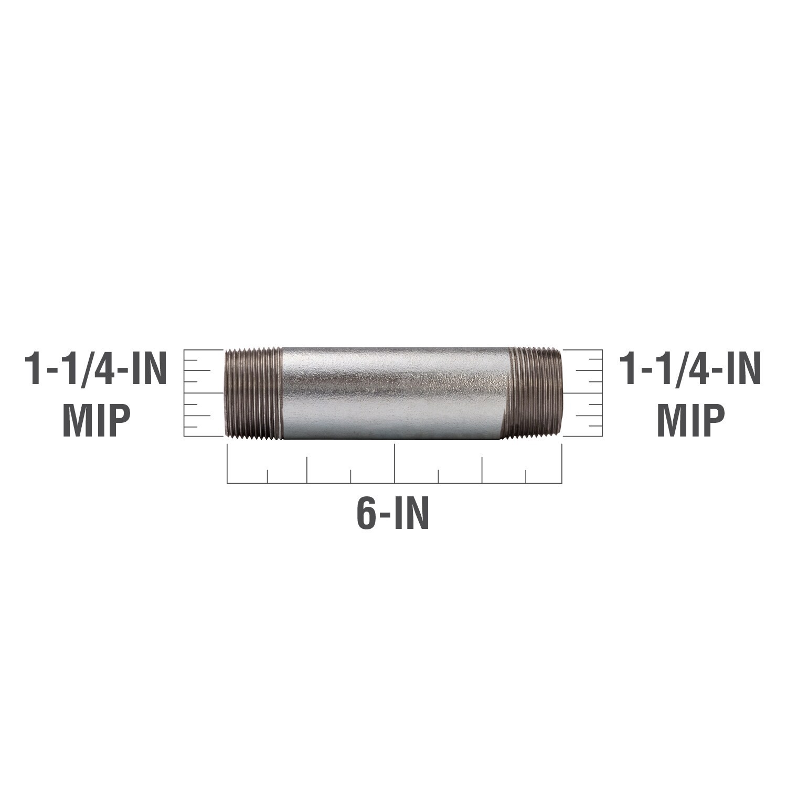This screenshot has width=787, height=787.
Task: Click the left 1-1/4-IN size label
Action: [x=96, y=369]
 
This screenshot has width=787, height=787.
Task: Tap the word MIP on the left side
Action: [x=97, y=421]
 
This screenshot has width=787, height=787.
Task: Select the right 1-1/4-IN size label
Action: [x=690, y=369]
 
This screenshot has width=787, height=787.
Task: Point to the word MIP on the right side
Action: [x=691, y=421]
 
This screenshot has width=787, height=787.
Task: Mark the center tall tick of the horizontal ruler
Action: [x=395, y=463]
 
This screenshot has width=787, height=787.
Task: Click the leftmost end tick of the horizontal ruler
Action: [x=227, y=463]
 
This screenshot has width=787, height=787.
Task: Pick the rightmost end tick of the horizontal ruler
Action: [x=562, y=463]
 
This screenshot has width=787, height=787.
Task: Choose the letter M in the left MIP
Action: [x=77, y=421]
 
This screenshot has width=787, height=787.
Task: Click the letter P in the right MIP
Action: [x=712, y=421]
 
